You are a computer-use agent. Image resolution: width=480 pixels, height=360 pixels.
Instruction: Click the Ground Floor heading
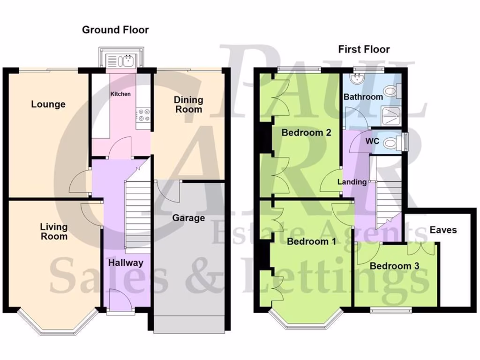pyautogui.click(x=115, y=30)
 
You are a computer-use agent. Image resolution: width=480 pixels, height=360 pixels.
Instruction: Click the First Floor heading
pyautogui.click(x=364, y=49)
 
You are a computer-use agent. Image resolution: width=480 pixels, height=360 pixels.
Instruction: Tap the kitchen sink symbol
pyautogui.click(x=121, y=60)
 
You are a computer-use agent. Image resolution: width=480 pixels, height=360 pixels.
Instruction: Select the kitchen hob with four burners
pyautogui.click(x=143, y=115)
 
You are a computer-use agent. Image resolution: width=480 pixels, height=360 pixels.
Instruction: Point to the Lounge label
pyautogui.click(x=48, y=104)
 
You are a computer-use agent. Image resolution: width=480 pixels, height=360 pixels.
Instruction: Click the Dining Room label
pyautogui.click(x=188, y=105)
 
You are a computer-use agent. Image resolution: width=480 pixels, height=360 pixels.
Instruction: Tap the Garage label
pyautogui.click(x=188, y=218)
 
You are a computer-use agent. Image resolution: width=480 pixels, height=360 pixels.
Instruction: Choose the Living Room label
pyautogui.click(x=53, y=232)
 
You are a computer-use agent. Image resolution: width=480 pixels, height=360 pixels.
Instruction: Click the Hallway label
pyautogui.click(x=126, y=262)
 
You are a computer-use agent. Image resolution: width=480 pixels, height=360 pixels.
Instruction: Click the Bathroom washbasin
pyautogui.click(x=360, y=79)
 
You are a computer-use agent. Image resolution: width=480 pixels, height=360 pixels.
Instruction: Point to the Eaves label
pyautogui.click(x=443, y=230)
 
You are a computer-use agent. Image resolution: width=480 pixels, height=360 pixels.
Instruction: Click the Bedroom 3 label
pyautogui.click(x=394, y=266)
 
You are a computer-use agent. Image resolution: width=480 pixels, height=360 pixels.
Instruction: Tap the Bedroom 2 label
pyautogui.click(x=306, y=133)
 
